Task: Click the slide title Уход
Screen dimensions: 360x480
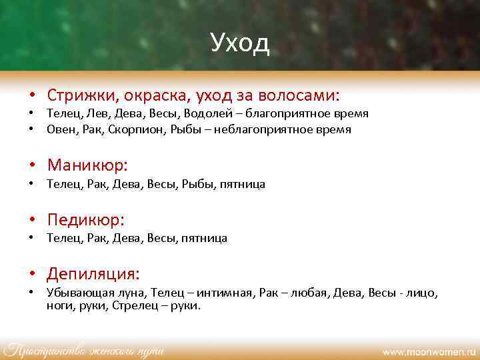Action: (x=239, y=43)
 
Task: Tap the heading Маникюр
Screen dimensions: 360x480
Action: (x=87, y=165)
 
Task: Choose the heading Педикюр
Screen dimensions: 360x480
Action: (x=86, y=219)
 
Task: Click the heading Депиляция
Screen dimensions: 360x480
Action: (x=93, y=274)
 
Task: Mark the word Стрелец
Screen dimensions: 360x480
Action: (x=134, y=306)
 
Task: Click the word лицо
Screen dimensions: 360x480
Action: (x=423, y=293)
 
